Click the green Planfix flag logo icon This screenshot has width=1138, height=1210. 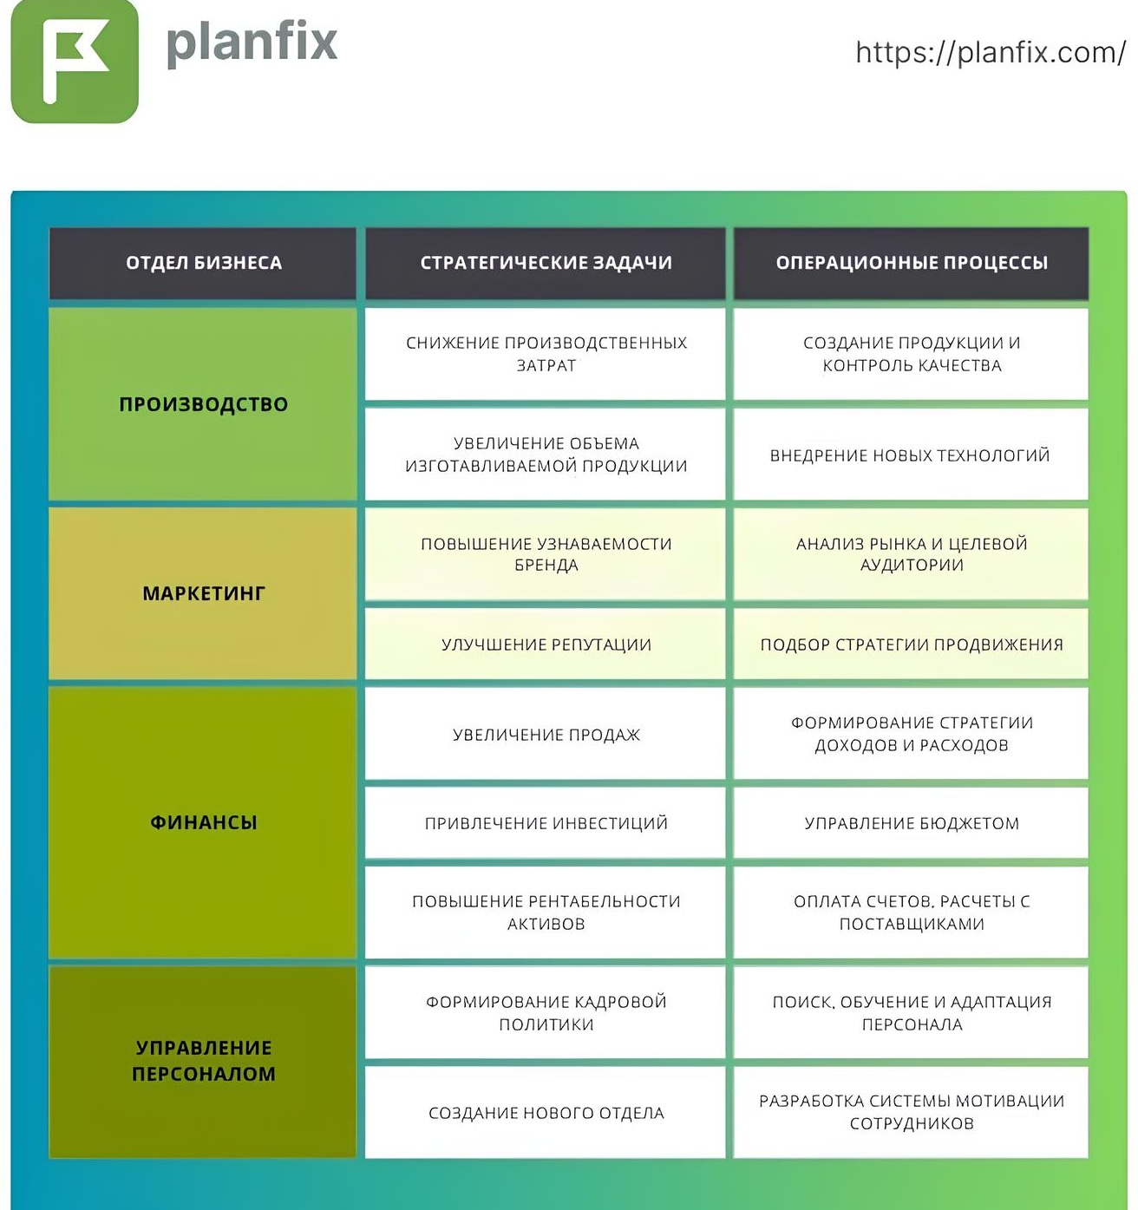click(75, 61)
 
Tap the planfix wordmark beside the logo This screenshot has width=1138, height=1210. click(252, 43)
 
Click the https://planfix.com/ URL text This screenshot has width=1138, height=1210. click(990, 53)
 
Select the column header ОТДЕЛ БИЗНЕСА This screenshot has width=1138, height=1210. click(204, 263)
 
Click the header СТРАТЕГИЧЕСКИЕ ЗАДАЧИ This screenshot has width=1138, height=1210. click(546, 263)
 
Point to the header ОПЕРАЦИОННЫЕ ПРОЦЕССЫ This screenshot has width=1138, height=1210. click(912, 263)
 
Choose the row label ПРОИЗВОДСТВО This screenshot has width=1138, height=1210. click(204, 404)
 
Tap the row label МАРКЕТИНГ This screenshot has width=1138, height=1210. click(204, 593)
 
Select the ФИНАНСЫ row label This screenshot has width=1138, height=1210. click(204, 822)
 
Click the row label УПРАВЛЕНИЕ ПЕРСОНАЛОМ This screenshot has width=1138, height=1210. click(204, 1061)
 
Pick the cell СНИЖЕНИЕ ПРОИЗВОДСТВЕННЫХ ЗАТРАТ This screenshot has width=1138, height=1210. click(546, 354)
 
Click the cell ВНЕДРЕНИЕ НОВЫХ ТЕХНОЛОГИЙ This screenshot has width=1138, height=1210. click(910, 455)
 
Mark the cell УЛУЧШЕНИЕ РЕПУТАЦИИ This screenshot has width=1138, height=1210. click(546, 644)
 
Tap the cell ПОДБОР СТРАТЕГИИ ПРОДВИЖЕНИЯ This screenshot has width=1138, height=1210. click(912, 644)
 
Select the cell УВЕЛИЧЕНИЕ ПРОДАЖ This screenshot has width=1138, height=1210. click(546, 735)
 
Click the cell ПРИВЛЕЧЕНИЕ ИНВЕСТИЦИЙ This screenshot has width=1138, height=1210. click(546, 823)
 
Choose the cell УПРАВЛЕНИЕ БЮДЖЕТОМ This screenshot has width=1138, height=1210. click(912, 823)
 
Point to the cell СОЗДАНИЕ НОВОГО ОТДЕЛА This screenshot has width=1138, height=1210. click(546, 1113)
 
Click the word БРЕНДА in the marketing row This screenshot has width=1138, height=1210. click(546, 566)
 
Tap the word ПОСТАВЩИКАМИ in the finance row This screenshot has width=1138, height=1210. click(912, 925)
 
